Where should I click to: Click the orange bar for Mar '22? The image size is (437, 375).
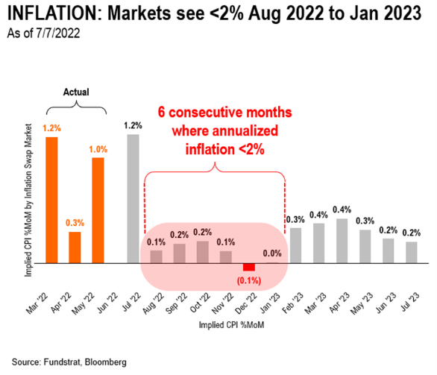tap(52, 200)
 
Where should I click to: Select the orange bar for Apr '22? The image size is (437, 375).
tap(75, 248)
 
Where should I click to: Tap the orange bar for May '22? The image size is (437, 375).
tap(98, 210)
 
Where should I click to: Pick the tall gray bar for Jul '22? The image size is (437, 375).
tap(133, 198)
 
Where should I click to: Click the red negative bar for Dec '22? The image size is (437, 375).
tap(249, 267)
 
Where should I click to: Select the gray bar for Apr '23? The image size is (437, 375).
tap(342, 241)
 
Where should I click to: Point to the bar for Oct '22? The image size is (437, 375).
tap(203, 252)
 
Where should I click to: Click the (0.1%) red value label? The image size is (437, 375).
tap(249, 280)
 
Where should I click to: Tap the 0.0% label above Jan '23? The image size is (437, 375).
tap(272, 253)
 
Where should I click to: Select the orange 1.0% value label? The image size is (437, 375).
tap(98, 150)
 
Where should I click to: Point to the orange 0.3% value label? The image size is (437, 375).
tap(75, 223)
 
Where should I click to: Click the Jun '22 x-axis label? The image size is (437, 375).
tap(108, 303)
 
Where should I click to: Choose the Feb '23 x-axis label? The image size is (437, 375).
tap(293, 303)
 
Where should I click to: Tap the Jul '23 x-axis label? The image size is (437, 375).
tap(410, 302)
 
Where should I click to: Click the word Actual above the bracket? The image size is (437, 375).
tap(76, 92)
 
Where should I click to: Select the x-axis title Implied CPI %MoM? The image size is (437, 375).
tap(231, 325)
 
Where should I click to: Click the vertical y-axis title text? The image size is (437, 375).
tap(28, 200)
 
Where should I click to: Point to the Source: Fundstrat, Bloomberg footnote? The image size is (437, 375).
tap(69, 362)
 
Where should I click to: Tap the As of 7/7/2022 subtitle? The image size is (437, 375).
tap(43, 33)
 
